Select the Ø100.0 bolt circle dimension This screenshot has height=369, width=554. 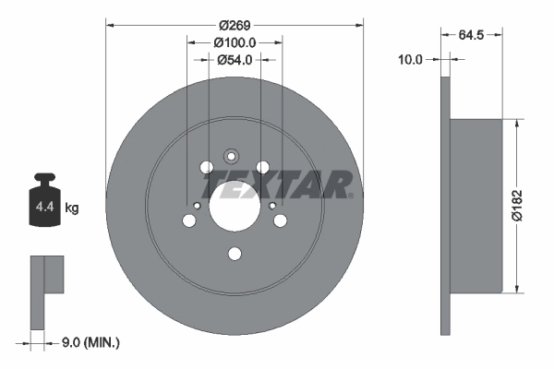(x=235, y=42)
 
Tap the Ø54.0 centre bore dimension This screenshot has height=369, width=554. (x=235, y=60)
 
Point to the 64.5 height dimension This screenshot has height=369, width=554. (x=472, y=36)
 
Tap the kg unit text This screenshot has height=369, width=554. (x=72, y=208)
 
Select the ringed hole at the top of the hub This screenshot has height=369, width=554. (x=234, y=157)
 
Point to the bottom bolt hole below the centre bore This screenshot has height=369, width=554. (x=235, y=254)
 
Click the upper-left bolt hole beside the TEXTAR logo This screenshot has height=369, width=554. (x=206, y=167)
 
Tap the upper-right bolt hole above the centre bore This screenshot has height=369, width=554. (x=263, y=166)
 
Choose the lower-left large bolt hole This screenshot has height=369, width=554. (x=189, y=220)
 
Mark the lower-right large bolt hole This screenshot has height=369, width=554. (x=280, y=220)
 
